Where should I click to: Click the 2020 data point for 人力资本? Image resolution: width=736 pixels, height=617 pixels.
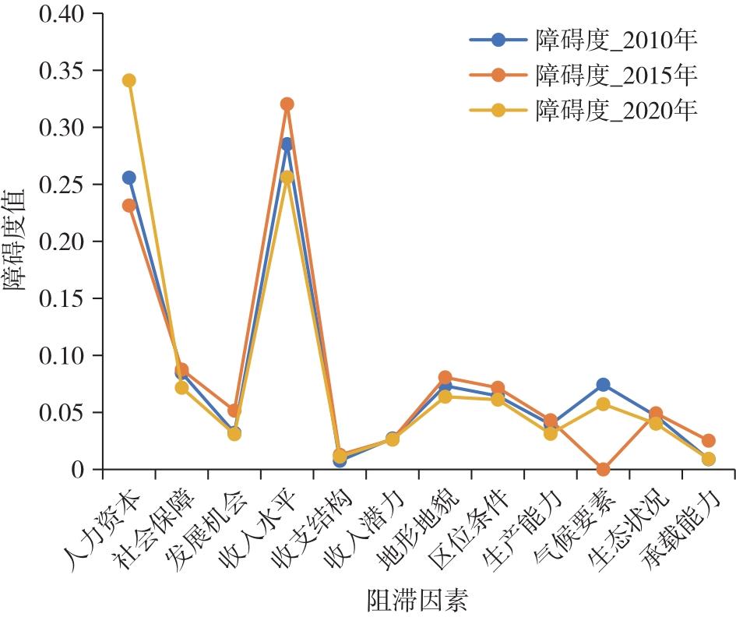point(129,80)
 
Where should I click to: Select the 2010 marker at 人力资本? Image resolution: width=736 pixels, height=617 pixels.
point(129,178)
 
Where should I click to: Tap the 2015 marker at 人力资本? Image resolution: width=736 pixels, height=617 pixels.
point(129,206)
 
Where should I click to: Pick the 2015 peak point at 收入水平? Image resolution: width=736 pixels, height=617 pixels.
point(287,104)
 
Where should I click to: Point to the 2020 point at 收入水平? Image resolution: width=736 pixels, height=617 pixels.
point(287,178)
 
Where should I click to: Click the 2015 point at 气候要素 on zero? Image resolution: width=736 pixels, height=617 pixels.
point(603,469)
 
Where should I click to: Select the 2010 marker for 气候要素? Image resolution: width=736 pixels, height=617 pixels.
point(603,385)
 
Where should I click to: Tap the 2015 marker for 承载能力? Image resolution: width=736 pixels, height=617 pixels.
point(708,441)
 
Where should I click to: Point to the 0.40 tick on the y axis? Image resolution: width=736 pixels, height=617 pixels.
point(66,14)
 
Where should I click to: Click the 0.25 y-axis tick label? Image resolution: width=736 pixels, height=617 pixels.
point(66,185)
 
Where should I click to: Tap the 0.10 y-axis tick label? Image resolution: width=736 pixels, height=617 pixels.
point(66,355)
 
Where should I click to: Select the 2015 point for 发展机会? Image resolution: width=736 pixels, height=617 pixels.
point(234,411)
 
